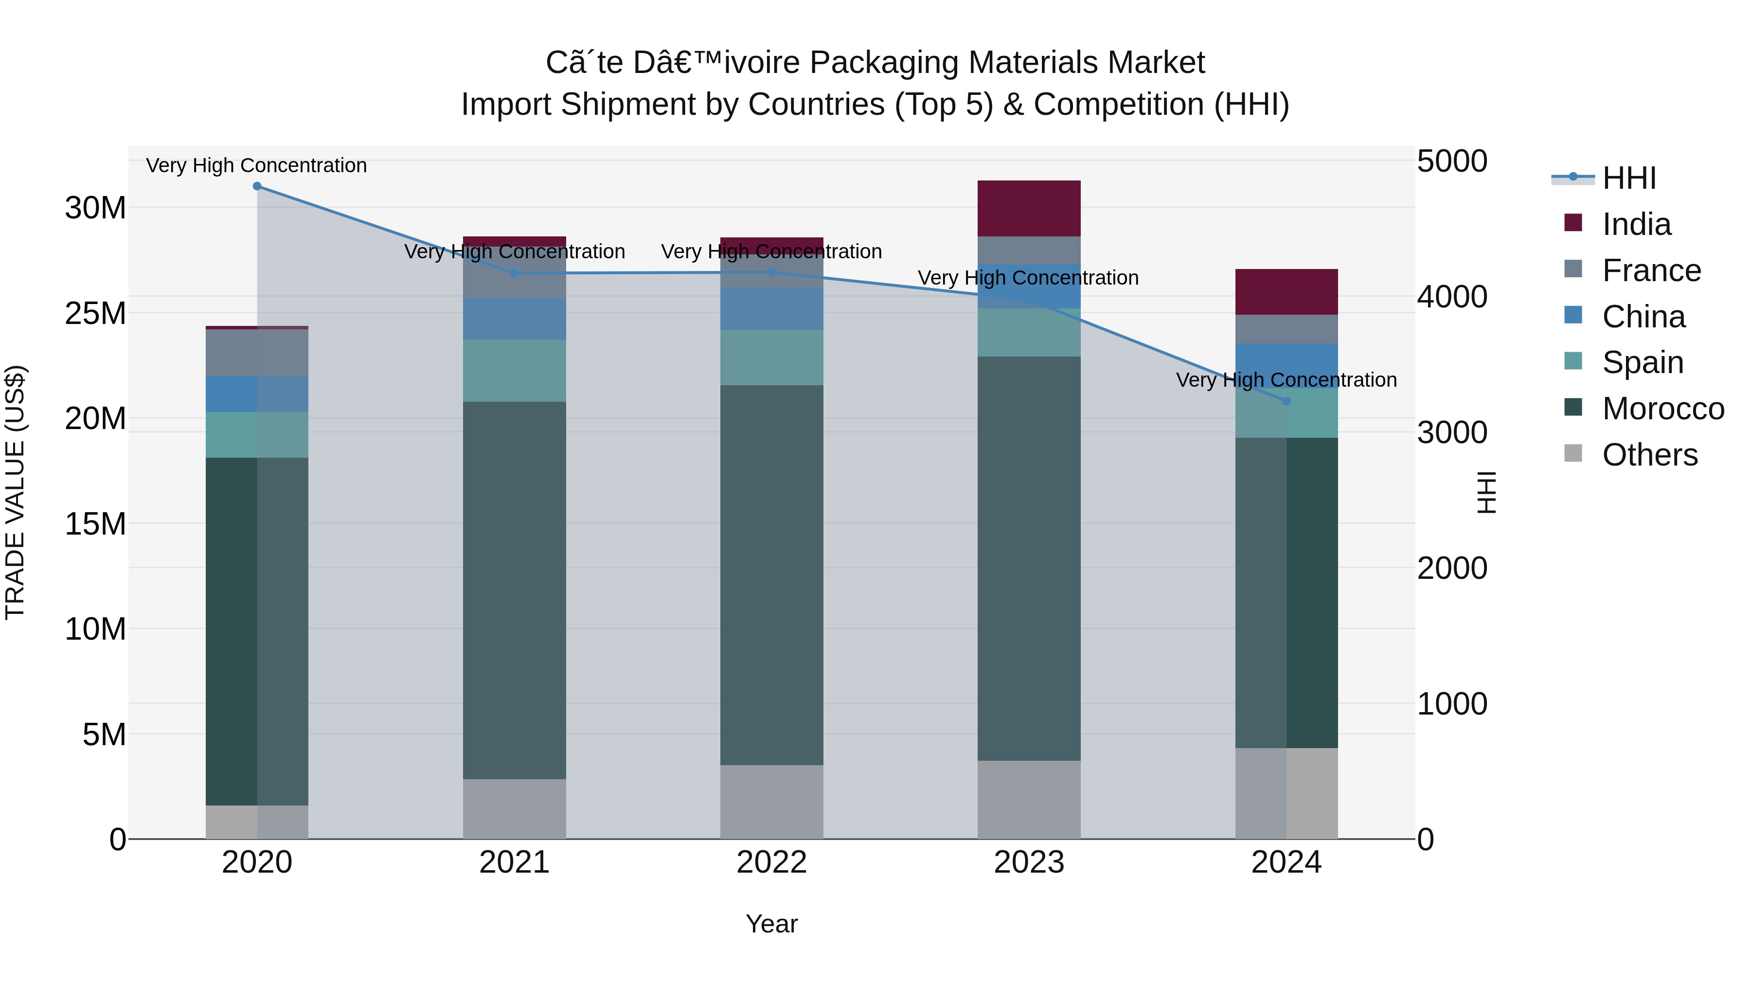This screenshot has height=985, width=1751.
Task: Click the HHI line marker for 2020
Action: point(257,186)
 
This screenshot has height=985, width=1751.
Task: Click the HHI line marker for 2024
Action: point(1286,401)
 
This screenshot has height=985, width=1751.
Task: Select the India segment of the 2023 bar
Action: point(1028,209)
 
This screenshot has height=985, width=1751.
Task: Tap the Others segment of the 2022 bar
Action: point(771,802)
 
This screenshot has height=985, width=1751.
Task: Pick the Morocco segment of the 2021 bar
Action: point(514,590)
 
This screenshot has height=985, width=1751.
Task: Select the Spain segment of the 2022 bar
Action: point(771,358)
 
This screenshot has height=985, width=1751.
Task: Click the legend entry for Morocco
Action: point(1662,409)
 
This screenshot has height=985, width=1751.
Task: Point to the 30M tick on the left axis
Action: point(95,208)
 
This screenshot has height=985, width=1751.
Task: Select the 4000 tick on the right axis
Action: point(1452,297)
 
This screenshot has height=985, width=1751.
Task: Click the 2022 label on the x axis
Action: point(771,862)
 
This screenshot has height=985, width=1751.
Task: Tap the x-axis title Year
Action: point(771,924)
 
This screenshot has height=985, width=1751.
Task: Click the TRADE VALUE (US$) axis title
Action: point(15,492)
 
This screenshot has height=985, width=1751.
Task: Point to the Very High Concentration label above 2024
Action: point(1286,380)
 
